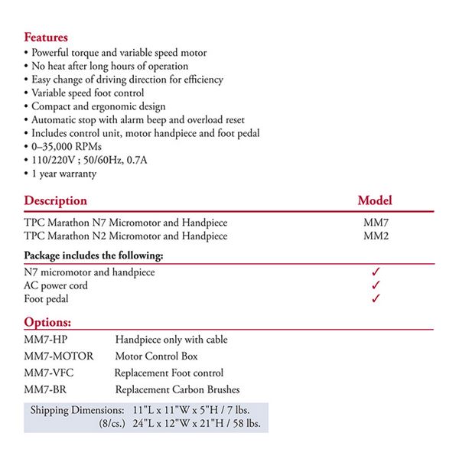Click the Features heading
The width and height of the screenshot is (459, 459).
pos(46,37)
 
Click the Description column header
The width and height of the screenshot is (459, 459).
pos(56,200)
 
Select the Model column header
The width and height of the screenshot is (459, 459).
pos(375,200)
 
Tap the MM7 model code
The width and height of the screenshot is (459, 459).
pos(376,223)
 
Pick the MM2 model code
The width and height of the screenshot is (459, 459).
pos(376,236)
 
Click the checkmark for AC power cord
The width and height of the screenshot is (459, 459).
pos(376,285)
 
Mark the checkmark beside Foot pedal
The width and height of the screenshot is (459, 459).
pos(376,299)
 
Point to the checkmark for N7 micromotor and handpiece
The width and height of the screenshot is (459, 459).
pos(376,272)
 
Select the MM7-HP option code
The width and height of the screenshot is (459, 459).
pos(47,340)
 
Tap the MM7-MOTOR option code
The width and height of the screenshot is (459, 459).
pos(59,356)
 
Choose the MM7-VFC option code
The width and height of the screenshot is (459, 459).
pos(50,373)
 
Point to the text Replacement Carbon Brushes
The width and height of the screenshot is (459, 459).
pos(177,389)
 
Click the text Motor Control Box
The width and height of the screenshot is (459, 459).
pos(156,356)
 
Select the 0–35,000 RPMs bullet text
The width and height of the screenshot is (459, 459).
pos(67,146)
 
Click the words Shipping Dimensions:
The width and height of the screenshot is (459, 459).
pos(76,410)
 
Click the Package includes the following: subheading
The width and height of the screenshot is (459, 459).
pos(94,255)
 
